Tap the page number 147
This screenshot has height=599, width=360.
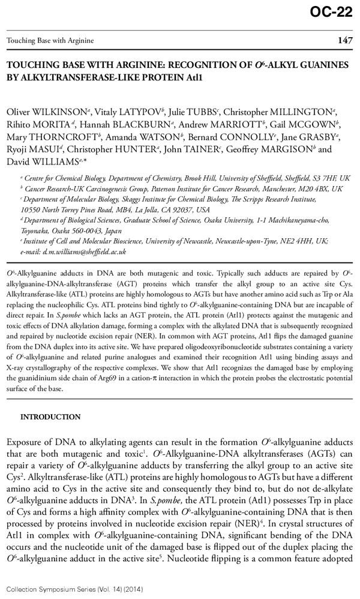344,41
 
